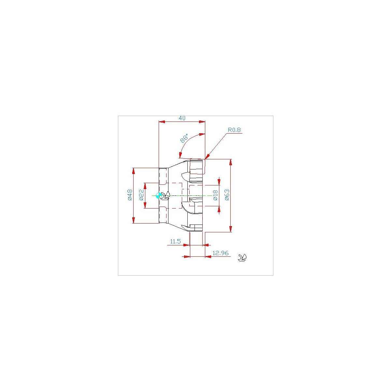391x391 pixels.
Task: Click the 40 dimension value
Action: (182, 118)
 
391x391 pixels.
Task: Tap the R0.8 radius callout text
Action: (234, 130)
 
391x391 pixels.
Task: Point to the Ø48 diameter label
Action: (130, 195)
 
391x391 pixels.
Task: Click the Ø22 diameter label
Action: (141, 195)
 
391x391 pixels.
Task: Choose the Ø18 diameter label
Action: (215, 195)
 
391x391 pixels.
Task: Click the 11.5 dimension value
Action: (175, 241)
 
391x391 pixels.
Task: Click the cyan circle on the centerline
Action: (159, 195)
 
